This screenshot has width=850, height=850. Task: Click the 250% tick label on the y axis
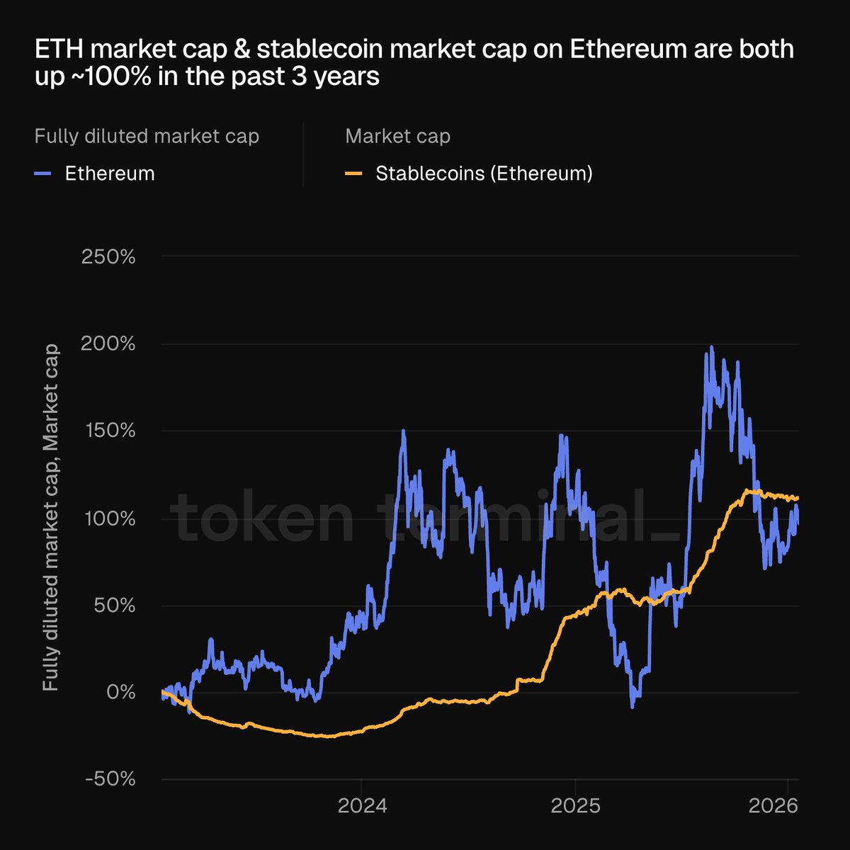[x=108, y=256]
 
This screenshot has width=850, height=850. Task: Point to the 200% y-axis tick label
[x=108, y=344]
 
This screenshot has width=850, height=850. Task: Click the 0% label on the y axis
[x=120, y=692]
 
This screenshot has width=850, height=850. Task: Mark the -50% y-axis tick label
[x=110, y=779]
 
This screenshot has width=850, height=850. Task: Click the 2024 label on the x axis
[x=362, y=806]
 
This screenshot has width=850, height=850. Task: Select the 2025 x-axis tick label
[x=575, y=806]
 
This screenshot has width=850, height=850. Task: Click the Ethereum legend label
[x=110, y=174]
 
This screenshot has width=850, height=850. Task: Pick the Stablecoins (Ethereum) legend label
[x=484, y=174]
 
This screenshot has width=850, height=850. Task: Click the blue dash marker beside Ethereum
[x=42, y=174]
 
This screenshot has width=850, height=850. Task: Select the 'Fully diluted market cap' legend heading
[x=147, y=136]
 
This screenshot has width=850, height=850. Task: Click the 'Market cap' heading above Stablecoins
[x=397, y=136]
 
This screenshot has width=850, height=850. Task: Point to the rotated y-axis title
[x=50, y=518]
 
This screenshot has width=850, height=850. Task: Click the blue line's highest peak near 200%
[x=711, y=348]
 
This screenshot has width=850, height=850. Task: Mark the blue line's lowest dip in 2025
[x=633, y=706]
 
